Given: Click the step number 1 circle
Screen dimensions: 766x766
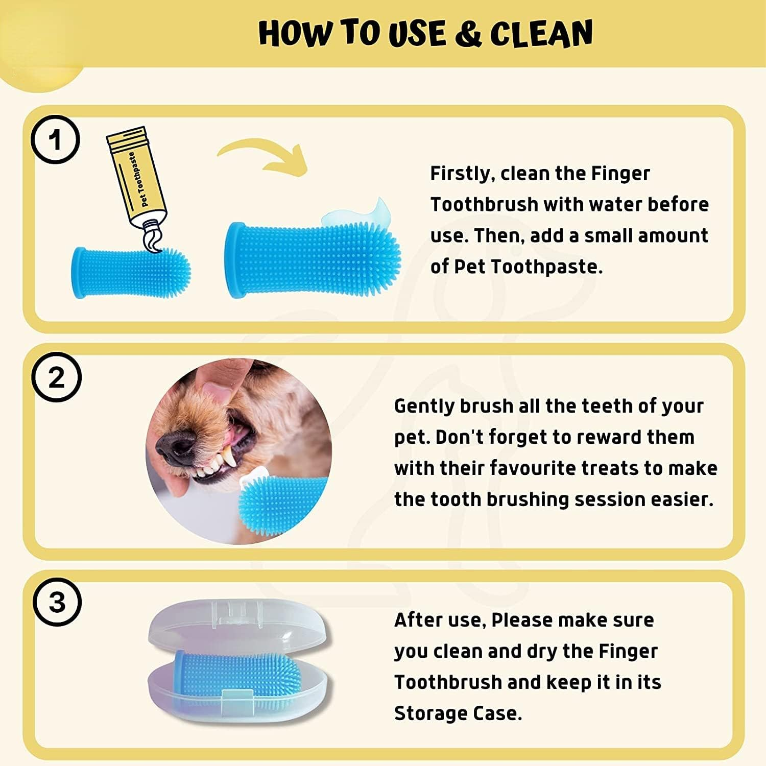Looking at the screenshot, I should coord(55,139).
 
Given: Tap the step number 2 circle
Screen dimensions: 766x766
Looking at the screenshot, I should coord(56,377).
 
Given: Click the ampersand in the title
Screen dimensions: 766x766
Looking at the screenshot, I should coord(468,34).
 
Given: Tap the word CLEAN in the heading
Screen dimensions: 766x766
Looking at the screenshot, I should coord(541,34).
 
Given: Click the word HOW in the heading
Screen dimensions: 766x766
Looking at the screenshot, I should coord(296,34).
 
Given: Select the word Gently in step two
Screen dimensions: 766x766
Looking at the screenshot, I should coord(424,406).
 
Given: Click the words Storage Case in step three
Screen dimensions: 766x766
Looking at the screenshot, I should coord(457,713).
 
